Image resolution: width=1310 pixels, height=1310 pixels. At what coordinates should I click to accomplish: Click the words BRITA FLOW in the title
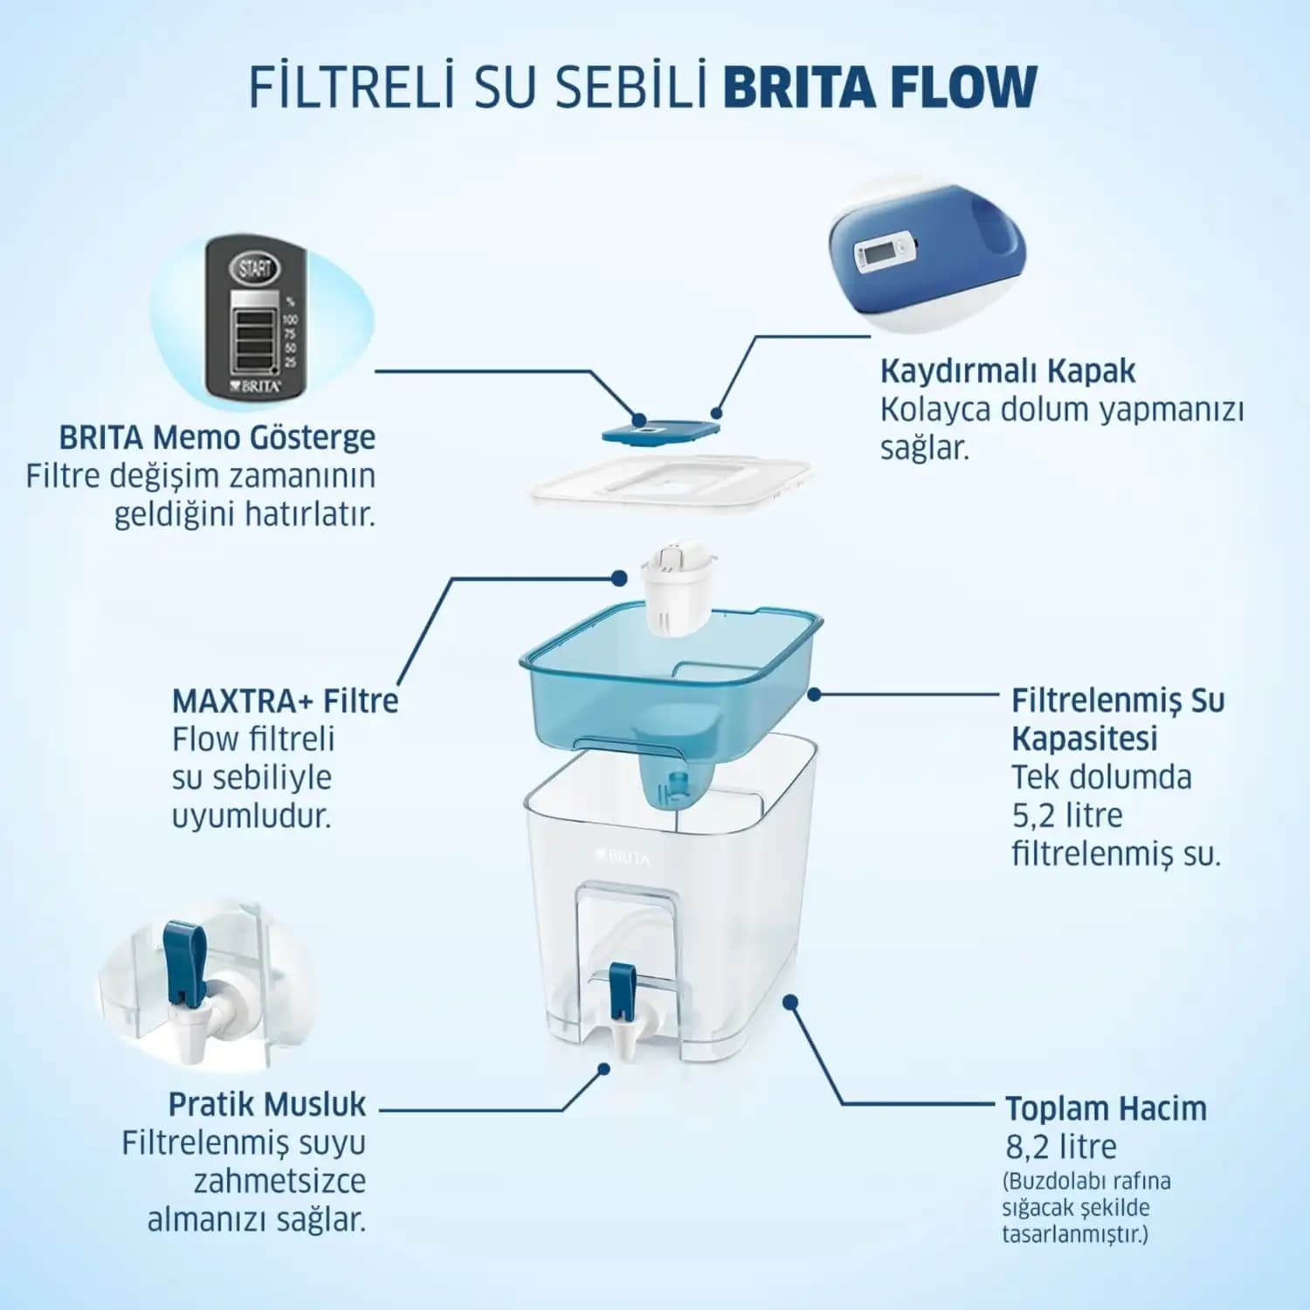pos(880,86)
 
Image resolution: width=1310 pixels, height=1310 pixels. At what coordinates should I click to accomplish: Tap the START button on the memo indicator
pos(254,267)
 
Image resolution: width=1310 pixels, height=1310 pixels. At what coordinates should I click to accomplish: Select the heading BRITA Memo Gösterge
pos(217,437)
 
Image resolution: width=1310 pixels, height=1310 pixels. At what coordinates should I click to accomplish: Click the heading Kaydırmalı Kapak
pos(1007,370)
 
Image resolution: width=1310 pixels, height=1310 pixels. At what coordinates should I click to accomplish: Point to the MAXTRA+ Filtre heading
pos(286,700)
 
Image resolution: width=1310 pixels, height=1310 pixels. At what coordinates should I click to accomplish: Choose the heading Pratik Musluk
pos(267,1104)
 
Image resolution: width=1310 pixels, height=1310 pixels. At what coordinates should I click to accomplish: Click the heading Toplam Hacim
pos(1106,1108)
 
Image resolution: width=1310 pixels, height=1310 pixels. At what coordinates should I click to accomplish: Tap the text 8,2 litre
pos(1061,1147)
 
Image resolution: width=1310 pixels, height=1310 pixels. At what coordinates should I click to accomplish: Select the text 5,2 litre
pos(1067,816)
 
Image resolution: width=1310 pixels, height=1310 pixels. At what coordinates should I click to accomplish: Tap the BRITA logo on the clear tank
pos(623,858)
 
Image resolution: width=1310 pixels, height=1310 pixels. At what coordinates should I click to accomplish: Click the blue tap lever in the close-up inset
pos(185,962)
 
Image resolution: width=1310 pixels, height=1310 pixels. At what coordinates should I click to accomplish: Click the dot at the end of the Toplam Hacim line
pos(790,1002)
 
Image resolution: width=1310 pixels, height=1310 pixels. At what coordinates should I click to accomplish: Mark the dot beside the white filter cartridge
pos(619,578)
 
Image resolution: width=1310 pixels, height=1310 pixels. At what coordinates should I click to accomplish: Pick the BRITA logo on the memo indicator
pos(255,385)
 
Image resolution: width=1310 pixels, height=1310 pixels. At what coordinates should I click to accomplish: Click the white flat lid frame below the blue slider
pos(672,483)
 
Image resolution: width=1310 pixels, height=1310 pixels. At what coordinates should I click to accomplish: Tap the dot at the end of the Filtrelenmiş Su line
pos(814,694)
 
